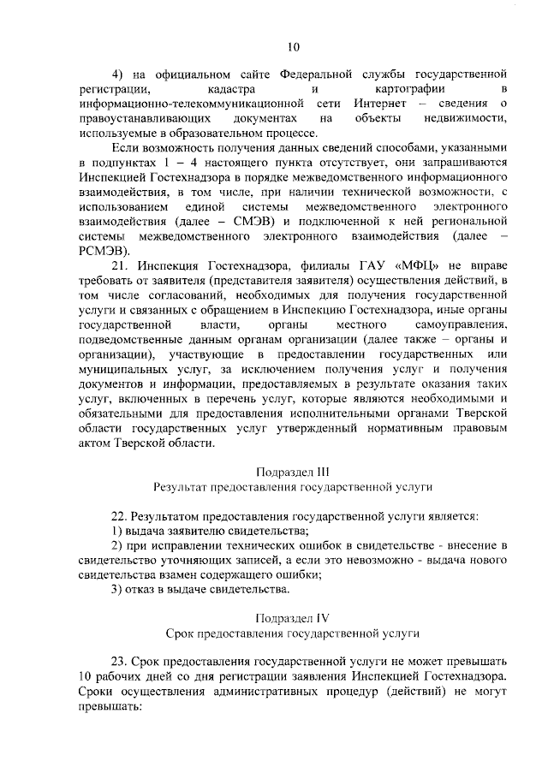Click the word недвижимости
(x=466, y=118)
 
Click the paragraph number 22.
(x=121, y=516)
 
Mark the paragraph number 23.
(x=121, y=662)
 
